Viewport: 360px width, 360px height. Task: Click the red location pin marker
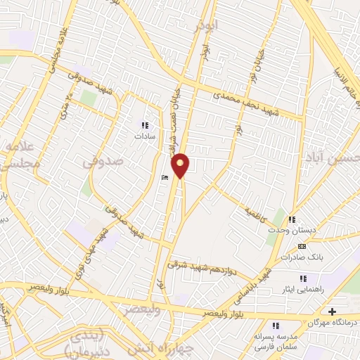(x=181, y=165)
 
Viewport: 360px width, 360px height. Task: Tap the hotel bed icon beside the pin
(x=165, y=178)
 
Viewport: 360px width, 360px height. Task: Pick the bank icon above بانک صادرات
(x=302, y=246)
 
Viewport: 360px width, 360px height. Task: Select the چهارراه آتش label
(x=152, y=348)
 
